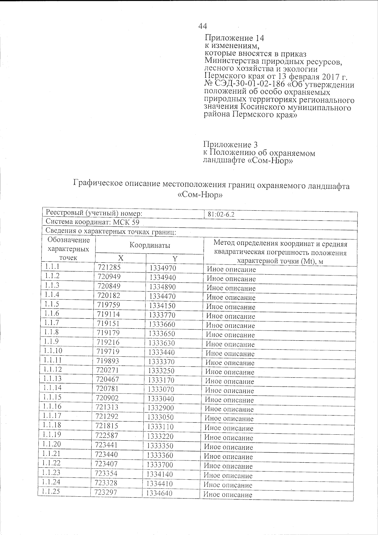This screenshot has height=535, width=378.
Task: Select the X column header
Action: click(x=120, y=258)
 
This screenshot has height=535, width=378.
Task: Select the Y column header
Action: click(x=175, y=259)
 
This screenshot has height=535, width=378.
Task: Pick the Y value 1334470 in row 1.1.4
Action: click(x=162, y=296)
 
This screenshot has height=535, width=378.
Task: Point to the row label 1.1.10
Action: click(x=53, y=351)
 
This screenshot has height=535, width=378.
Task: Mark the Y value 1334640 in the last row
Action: click(x=159, y=493)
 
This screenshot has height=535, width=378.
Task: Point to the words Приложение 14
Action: click(x=234, y=38)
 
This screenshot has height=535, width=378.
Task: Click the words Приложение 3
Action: click(x=231, y=145)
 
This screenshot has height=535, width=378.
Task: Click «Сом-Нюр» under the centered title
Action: click(x=200, y=195)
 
